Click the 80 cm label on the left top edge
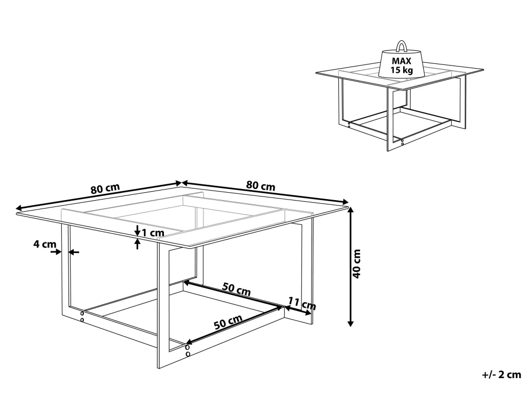coord(105,188)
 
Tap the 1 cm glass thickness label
coord(153,233)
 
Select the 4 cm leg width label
coord(45,244)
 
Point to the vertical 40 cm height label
coord(357,263)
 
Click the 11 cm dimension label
coord(302,303)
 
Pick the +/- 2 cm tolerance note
coord(502,374)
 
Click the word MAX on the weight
coord(401,61)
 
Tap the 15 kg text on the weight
coord(401,70)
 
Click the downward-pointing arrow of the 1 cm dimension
coord(137,231)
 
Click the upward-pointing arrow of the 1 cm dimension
coord(137,243)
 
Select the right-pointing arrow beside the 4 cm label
coord(56,251)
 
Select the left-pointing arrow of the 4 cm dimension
coord(74,251)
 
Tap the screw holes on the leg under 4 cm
coord(82,316)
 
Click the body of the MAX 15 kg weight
coord(401,64)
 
